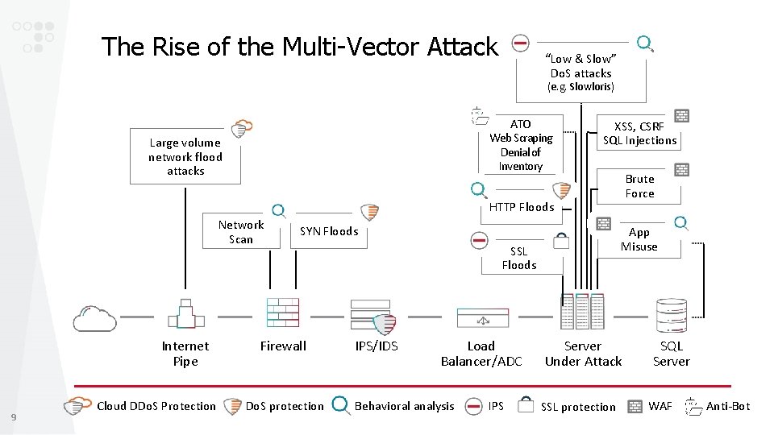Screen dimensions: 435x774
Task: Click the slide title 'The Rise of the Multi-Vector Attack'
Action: point(300,48)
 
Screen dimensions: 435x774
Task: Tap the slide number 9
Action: point(14,416)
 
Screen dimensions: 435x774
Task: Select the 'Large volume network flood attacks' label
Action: point(185,157)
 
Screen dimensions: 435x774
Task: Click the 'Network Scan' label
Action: point(241,232)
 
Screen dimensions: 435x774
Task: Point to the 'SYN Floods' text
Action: point(329,231)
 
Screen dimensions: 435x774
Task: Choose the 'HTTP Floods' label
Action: point(522,207)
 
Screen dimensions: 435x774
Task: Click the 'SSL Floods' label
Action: point(518,258)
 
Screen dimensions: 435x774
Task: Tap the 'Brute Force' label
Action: point(639,186)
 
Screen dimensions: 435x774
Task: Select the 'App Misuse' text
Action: point(639,239)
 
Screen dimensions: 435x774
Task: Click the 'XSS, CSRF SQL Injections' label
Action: point(639,134)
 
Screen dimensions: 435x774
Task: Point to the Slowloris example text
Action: point(580,87)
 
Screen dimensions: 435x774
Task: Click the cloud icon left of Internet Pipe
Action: point(94,318)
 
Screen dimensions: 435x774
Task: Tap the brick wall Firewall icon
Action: point(283,313)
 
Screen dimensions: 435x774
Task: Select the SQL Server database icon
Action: point(671,315)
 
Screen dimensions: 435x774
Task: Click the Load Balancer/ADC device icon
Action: point(483,318)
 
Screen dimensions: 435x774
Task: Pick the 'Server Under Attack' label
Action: point(583,354)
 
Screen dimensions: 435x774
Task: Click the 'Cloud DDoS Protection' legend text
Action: point(156,406)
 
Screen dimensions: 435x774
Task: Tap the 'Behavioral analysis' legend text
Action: point(404,406)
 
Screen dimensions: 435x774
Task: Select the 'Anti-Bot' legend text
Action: point(727,406)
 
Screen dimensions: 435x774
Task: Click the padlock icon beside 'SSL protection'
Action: point(526,404)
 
